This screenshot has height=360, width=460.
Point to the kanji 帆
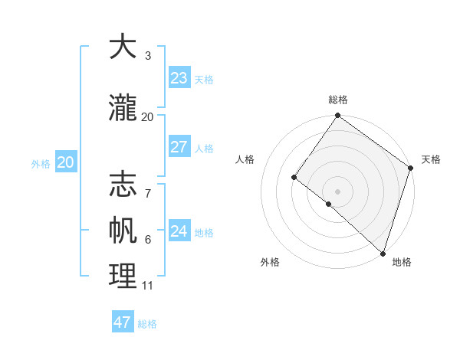123,231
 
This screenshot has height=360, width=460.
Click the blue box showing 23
179,78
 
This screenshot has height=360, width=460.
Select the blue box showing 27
179,147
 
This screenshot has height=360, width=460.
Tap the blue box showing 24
179,231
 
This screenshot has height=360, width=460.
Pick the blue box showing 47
123,322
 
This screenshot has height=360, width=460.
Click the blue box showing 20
66,162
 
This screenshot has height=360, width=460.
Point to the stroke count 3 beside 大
147,56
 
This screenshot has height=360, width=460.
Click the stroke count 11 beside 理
147,286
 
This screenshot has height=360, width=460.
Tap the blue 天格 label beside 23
204,80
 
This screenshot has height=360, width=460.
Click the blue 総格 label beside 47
147,324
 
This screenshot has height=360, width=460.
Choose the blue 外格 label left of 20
41,164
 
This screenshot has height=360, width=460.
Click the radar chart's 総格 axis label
338,100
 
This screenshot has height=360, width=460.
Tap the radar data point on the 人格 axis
294,178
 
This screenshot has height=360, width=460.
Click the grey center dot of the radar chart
337,191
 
